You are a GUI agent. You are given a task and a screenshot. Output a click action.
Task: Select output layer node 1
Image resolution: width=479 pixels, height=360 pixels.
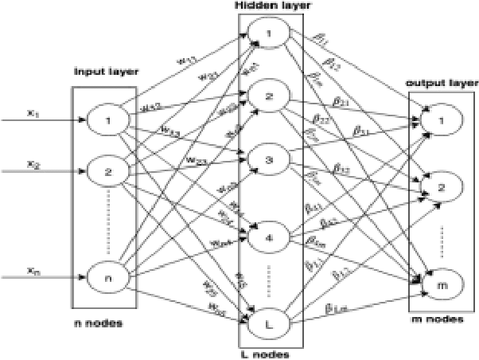(x=436, y=122)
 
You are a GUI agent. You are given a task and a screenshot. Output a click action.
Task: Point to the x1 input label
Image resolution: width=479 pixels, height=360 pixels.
(x=32, y=112)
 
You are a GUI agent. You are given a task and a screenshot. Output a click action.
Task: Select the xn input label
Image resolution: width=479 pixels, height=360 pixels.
(x=32, y=271)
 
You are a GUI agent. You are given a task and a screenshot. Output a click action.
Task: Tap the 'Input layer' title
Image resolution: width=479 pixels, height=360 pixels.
(x=107, y=72)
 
